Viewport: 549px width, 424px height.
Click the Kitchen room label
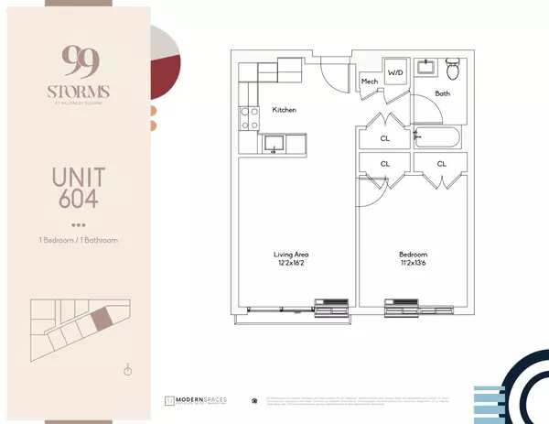click(285, 110)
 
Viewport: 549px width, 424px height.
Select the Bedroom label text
click(413, 254)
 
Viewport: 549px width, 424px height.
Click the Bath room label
click(442, 93)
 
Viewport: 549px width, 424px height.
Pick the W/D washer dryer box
click(395, 72)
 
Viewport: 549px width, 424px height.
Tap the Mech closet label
click(370, 82)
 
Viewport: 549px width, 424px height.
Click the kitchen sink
click(273, 143)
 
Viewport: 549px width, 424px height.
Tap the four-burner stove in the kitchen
click(249, 116)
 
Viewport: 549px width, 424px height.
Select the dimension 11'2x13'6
click(413, 265)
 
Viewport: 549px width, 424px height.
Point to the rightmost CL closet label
click(441, 164)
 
